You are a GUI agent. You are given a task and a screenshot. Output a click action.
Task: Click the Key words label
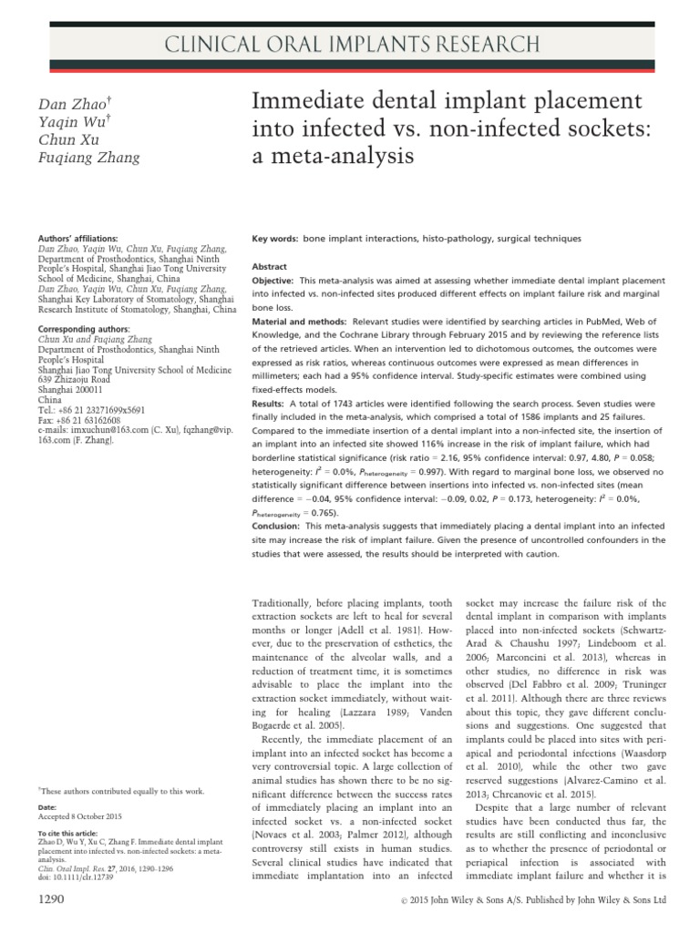[x=274, y=238]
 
